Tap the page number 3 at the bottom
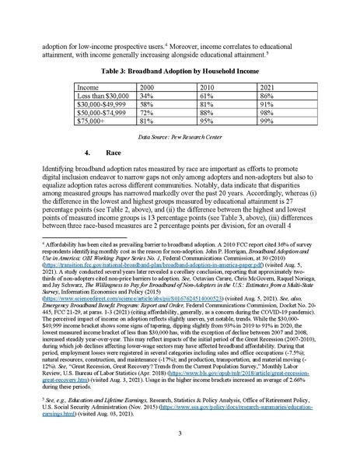[180, 433]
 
